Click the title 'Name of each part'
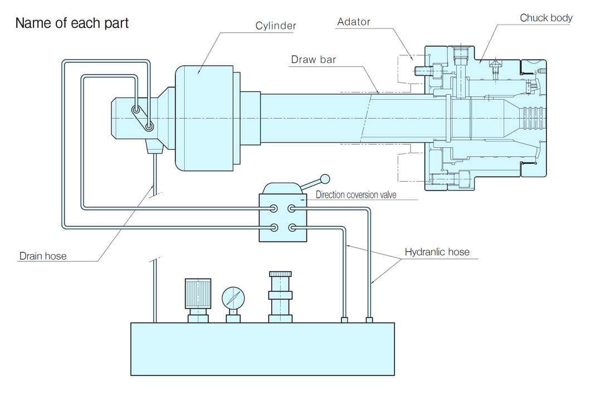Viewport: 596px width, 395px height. point(72,23)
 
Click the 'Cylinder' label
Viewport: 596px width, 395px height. point(276,26)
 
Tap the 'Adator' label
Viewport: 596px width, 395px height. point(354,22)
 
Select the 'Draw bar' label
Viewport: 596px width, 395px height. point(314,59)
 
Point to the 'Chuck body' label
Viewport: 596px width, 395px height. point(546,18)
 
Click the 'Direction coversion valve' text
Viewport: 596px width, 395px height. point(356,195)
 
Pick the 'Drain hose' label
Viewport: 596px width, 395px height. point(42,256)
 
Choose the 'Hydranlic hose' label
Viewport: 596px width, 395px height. point(437,252)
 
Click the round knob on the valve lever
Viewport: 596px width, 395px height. point(325,179)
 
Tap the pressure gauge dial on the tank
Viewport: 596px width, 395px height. point(233,298)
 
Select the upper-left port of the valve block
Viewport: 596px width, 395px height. point(273,208)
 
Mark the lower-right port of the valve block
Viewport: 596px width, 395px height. point(292,227)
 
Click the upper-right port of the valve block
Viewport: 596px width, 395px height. point(292,208)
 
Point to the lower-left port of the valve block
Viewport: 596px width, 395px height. point(273,227)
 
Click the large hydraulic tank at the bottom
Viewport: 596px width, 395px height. point(262,349)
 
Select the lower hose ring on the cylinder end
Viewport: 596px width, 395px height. point(149,126)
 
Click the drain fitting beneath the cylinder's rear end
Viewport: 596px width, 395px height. point(153,147)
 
